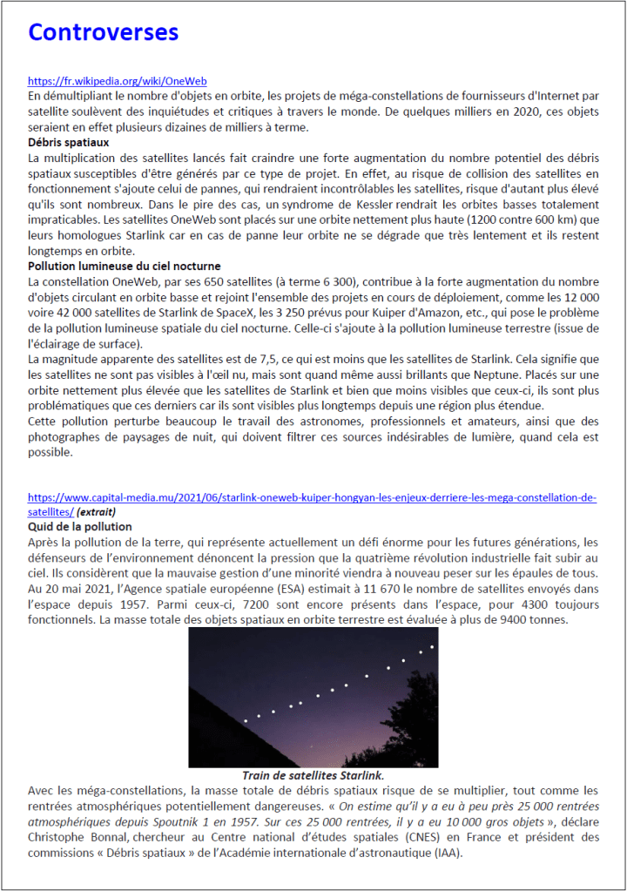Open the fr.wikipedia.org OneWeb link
(117, 81)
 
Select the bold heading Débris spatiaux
(69, 142)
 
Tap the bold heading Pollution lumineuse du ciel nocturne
(125, 267)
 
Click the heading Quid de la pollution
(80, 527)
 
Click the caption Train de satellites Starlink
(313, 774)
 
